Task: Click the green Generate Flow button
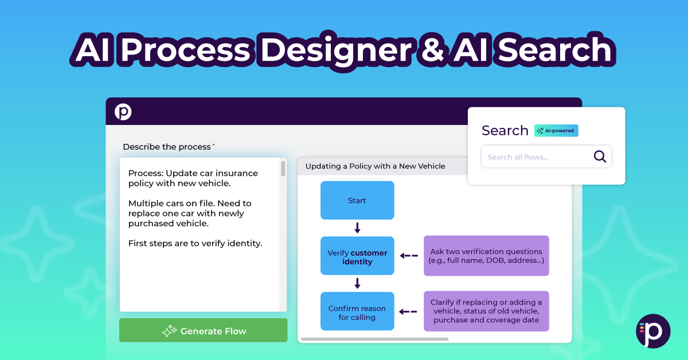(x=203, y=331)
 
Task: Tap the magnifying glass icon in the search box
(x=600, y=156)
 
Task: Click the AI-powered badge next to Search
(x=556, y=131)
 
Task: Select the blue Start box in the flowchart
(x=357, y=201)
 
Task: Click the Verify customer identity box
(x=357, y=257)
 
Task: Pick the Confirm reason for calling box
(x=357, y=312)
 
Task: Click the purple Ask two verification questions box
(x=486, y=256)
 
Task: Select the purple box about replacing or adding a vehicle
(x=486, y=311)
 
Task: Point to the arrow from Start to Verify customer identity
(x=357, y=228)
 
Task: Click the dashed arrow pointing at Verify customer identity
(x=409, y=256)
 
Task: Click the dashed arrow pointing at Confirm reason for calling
(x=409, y=312)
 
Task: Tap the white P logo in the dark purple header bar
(x=123, y=112)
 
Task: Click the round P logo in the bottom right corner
(x=653, y=331)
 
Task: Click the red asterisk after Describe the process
(x=214, y=145)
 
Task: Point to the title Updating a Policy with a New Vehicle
(x=375, y=166)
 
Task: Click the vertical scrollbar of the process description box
(x=283, y=169)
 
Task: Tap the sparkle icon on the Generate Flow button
(x=170, y=331)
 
